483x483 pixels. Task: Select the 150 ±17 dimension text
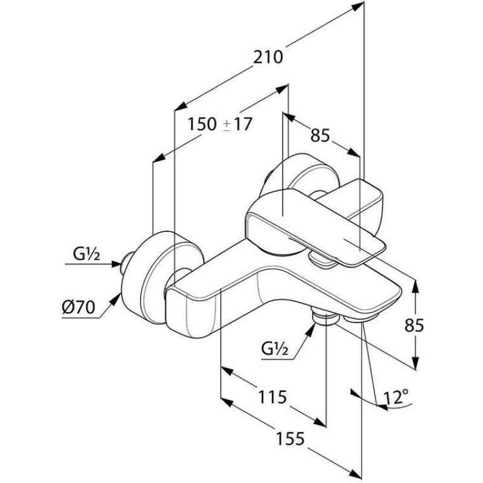[219, 124]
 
